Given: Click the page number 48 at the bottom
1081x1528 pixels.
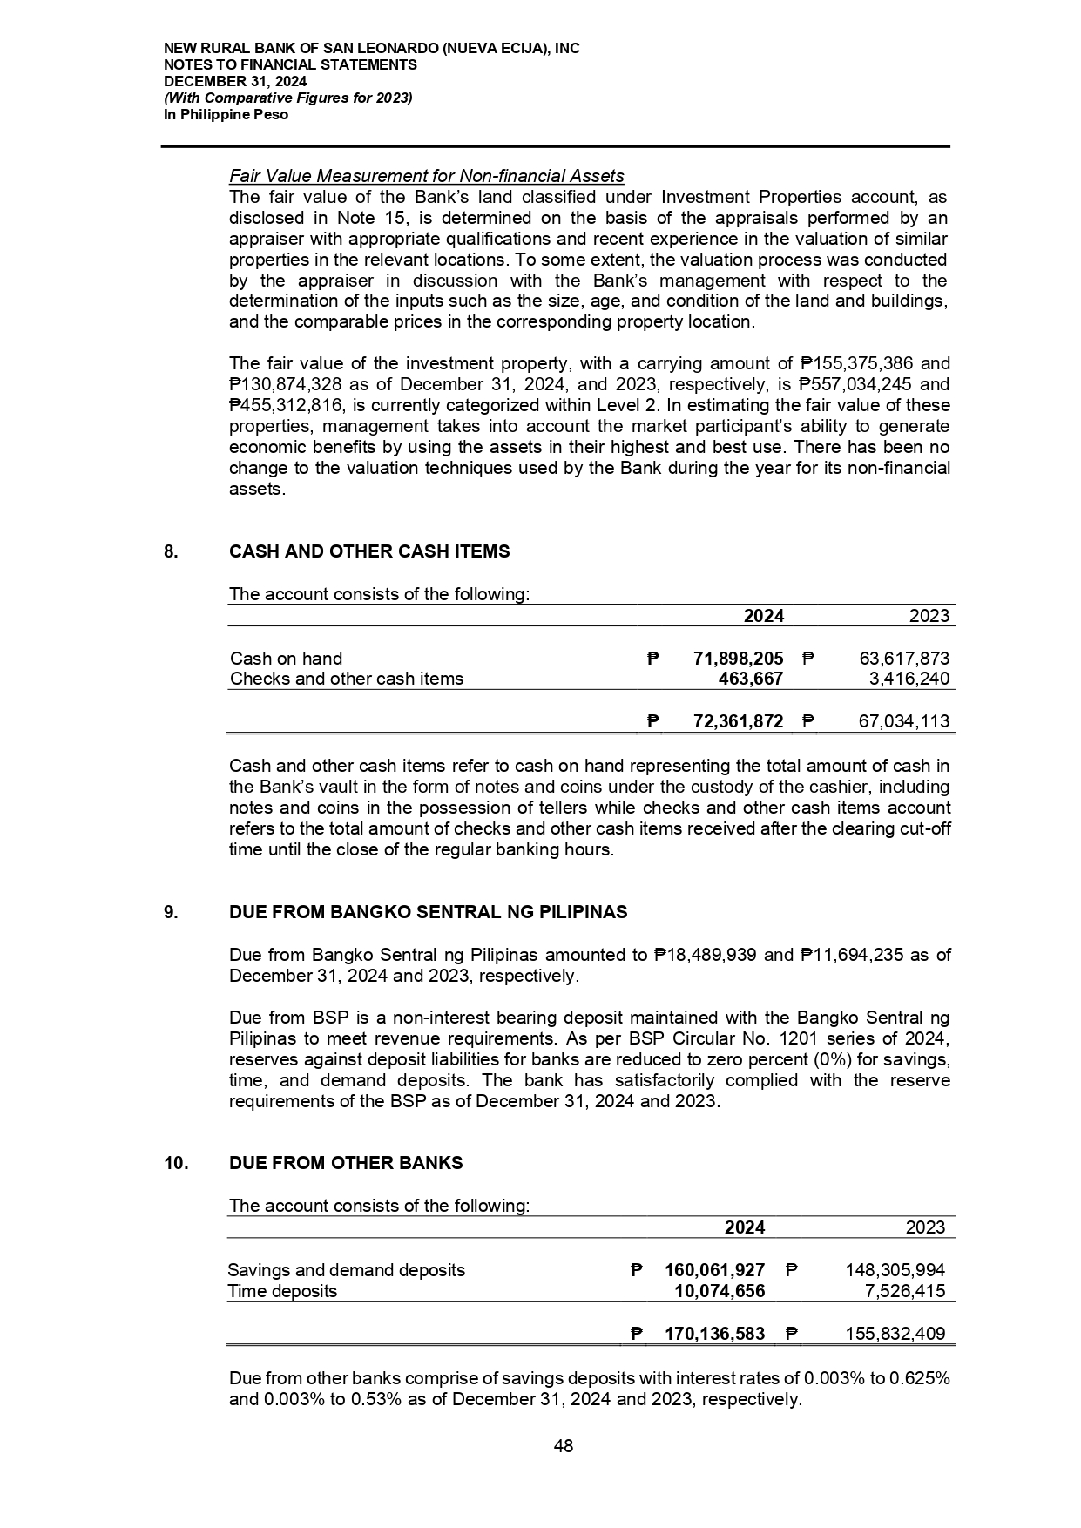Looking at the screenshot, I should coord(564,1446).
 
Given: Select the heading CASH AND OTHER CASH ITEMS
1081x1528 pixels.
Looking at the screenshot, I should coord(369,551).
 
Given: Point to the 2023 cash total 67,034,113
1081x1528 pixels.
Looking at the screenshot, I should coord(898,721).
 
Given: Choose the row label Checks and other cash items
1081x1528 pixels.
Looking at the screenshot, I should coord(347,679).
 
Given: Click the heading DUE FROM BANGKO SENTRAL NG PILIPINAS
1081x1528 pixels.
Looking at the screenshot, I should coord(428,912).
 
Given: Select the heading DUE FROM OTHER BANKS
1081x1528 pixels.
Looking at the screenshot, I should coord(346,1163).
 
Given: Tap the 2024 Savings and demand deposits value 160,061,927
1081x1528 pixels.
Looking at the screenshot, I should coord(714,1270).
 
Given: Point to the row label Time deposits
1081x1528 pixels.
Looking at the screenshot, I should coord(282,1291).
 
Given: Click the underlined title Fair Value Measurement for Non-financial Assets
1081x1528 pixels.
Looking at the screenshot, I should coord(426,177).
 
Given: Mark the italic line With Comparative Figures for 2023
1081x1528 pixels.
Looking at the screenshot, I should coord(287,98).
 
